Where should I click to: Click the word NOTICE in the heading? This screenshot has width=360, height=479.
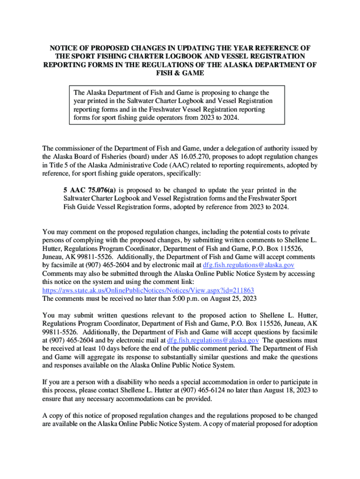65,48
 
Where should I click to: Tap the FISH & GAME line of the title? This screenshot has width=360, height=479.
180,73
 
